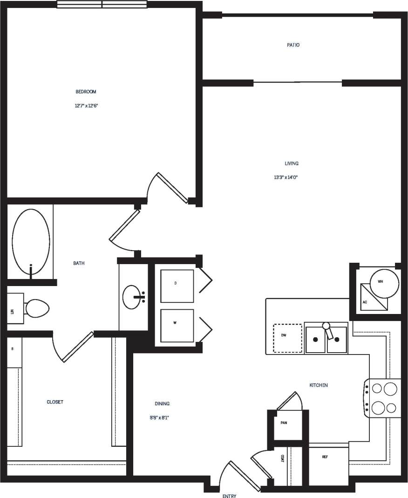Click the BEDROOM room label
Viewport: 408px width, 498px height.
tap(86, 92)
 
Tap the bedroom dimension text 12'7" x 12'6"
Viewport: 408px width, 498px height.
tap(86, 106)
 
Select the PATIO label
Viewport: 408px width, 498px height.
tap(293, 45)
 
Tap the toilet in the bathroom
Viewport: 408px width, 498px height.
tap(37, 308)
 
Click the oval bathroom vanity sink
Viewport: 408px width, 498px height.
tap(132, 297)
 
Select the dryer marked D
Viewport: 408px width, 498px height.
tap(177, 286)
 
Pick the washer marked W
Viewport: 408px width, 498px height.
tap(177, 325)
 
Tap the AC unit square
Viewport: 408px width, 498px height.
tap(374, 298)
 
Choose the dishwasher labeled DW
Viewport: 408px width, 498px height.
tap(287, 338)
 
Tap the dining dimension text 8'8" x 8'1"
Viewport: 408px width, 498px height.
tap(156, 417)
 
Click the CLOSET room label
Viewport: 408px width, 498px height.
tap(55, 402)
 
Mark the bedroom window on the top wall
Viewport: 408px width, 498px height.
tap(102, 4)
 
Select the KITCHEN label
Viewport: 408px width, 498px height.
tap(319, 385)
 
